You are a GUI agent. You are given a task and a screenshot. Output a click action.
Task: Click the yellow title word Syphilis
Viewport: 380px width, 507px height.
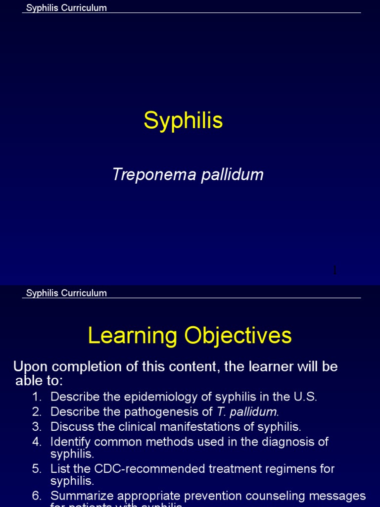point(183,120)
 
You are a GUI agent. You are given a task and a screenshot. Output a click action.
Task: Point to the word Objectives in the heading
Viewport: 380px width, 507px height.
point(238,336)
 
